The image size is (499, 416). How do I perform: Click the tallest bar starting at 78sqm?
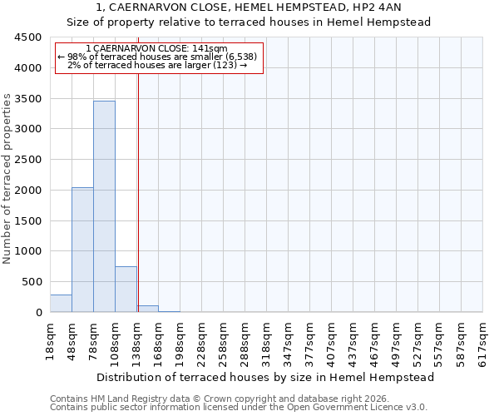click(104, 206)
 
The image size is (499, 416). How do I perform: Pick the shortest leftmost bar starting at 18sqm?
click(61, 304)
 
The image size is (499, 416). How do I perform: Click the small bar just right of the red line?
click(148, 309)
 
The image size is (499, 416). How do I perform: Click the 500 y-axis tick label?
click(34, 282)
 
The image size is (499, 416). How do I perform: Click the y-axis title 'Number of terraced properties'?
click(7, 179)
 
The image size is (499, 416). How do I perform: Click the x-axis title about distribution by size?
click(265, 377)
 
